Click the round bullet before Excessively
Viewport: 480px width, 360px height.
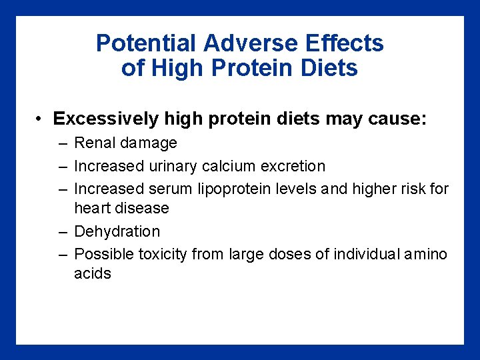[41, 119]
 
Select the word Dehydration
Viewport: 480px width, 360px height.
[117, 231]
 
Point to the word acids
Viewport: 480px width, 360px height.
[93, 273]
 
